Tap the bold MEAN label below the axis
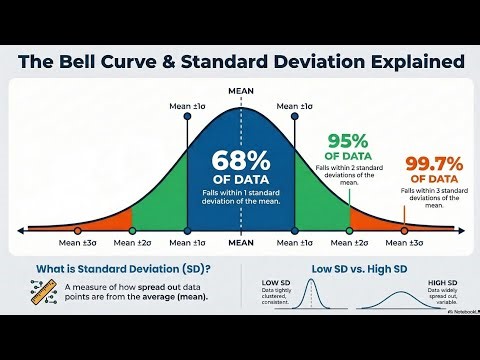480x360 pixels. pyautogui.click(x=240, y=243)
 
